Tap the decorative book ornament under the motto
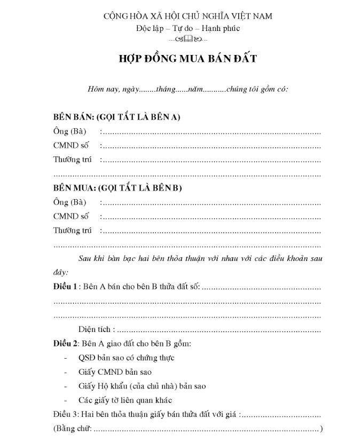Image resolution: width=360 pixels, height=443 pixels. click(187, 39)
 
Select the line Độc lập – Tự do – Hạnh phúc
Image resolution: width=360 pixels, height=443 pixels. click(187, 28)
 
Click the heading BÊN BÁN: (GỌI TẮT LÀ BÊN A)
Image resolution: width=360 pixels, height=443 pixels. click(116, 117)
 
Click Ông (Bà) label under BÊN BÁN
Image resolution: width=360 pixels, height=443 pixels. click(69, 131)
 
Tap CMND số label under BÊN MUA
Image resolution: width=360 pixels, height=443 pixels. click(71, 216)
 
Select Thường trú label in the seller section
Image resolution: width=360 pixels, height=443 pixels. click(73, 160)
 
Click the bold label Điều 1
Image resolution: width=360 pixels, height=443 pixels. click(65, 287)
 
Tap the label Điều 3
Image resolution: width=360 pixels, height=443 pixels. click(66, 414)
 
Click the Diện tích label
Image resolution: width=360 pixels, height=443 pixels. click(95, 329)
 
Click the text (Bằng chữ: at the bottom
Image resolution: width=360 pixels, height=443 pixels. click(73, 428)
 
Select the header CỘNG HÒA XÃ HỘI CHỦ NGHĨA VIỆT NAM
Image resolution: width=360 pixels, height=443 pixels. click(187, 16)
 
